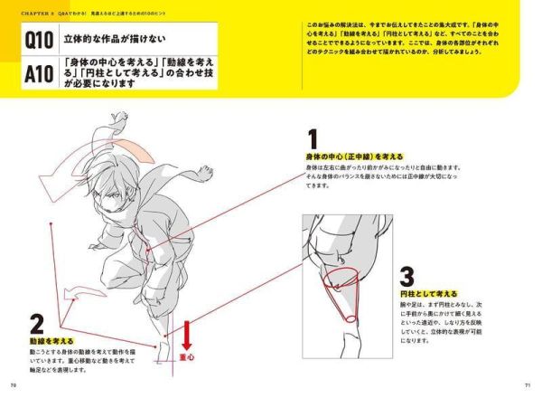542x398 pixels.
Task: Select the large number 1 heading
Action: (x=313, y=140)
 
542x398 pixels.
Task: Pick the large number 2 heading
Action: (x=37, y=324)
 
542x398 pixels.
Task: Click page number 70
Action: (x=14, y=385)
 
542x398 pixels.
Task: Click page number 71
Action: (x=527, y=385)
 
